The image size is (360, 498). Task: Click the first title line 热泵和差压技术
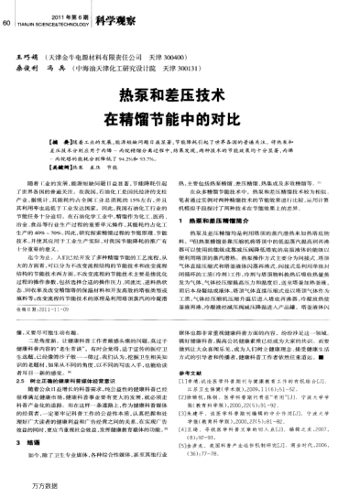tap(180, 94)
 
